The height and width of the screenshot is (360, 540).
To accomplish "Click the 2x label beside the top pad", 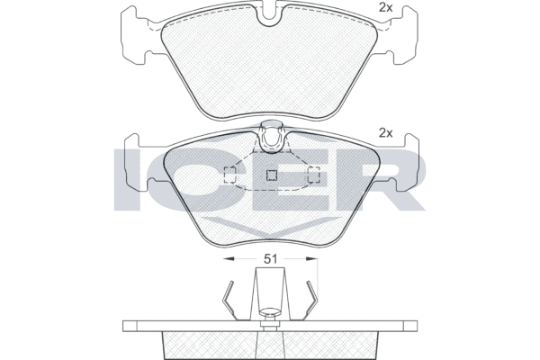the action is [386, 7].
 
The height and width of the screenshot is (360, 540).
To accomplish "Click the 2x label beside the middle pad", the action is [386, 133].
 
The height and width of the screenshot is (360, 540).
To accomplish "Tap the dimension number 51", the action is [270, 258].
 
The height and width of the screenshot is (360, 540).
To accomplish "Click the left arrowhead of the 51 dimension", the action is [229, 258].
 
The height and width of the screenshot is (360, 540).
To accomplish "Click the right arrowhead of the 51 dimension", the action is [311, 258].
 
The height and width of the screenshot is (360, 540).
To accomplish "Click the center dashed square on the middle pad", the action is [272, 175].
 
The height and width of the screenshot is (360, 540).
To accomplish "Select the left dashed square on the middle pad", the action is [229, 175].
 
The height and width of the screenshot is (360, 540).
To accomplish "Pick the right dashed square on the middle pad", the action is [314, 175].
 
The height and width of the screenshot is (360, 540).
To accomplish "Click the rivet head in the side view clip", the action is [270, 311].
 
